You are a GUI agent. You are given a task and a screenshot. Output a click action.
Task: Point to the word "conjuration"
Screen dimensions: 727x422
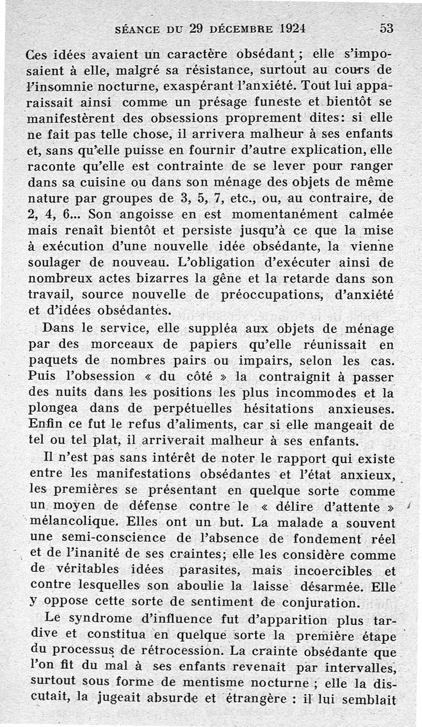tap(308, 602)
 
